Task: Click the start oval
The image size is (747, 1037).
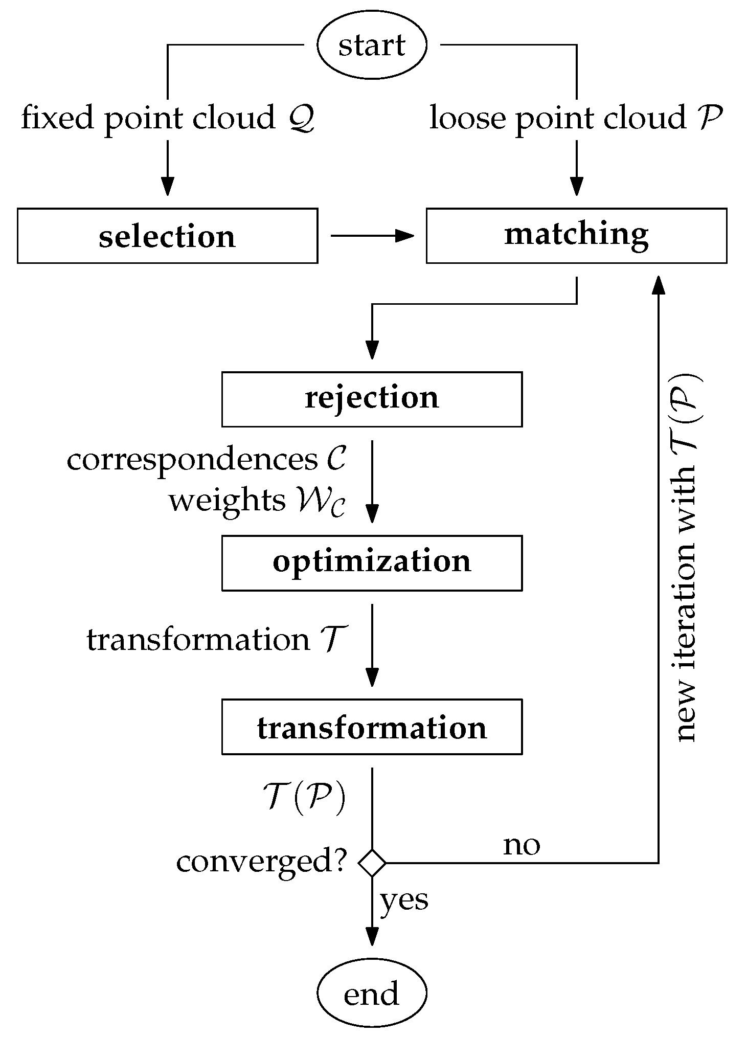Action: click(x=372, y=45)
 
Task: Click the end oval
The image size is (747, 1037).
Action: click(x=372, y=993)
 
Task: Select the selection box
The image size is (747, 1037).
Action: click(x=167, y=236)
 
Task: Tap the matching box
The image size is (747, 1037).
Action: click(x=576, y=236)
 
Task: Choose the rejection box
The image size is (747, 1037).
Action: click(x=372, y=399)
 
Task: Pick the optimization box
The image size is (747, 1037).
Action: click(x=372, y=562)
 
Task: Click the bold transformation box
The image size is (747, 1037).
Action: click(x=372, y=727)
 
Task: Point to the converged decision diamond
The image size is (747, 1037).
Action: click(x=372, y=863)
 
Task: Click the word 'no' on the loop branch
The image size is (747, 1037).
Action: click(x=521, y=846)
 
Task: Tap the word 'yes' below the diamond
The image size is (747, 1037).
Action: click(x=404, y=900)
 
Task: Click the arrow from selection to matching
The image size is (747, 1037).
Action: click(x=372, y=236)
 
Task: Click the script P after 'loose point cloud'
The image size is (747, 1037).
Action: click(x=710, y=118)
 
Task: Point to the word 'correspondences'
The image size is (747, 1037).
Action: click(x=192, y=460)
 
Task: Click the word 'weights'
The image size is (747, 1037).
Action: click(x=227, y=501)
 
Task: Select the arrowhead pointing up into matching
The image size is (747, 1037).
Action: click(x=658, y=285)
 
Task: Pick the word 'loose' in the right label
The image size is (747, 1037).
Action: click(x=468, y=118)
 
